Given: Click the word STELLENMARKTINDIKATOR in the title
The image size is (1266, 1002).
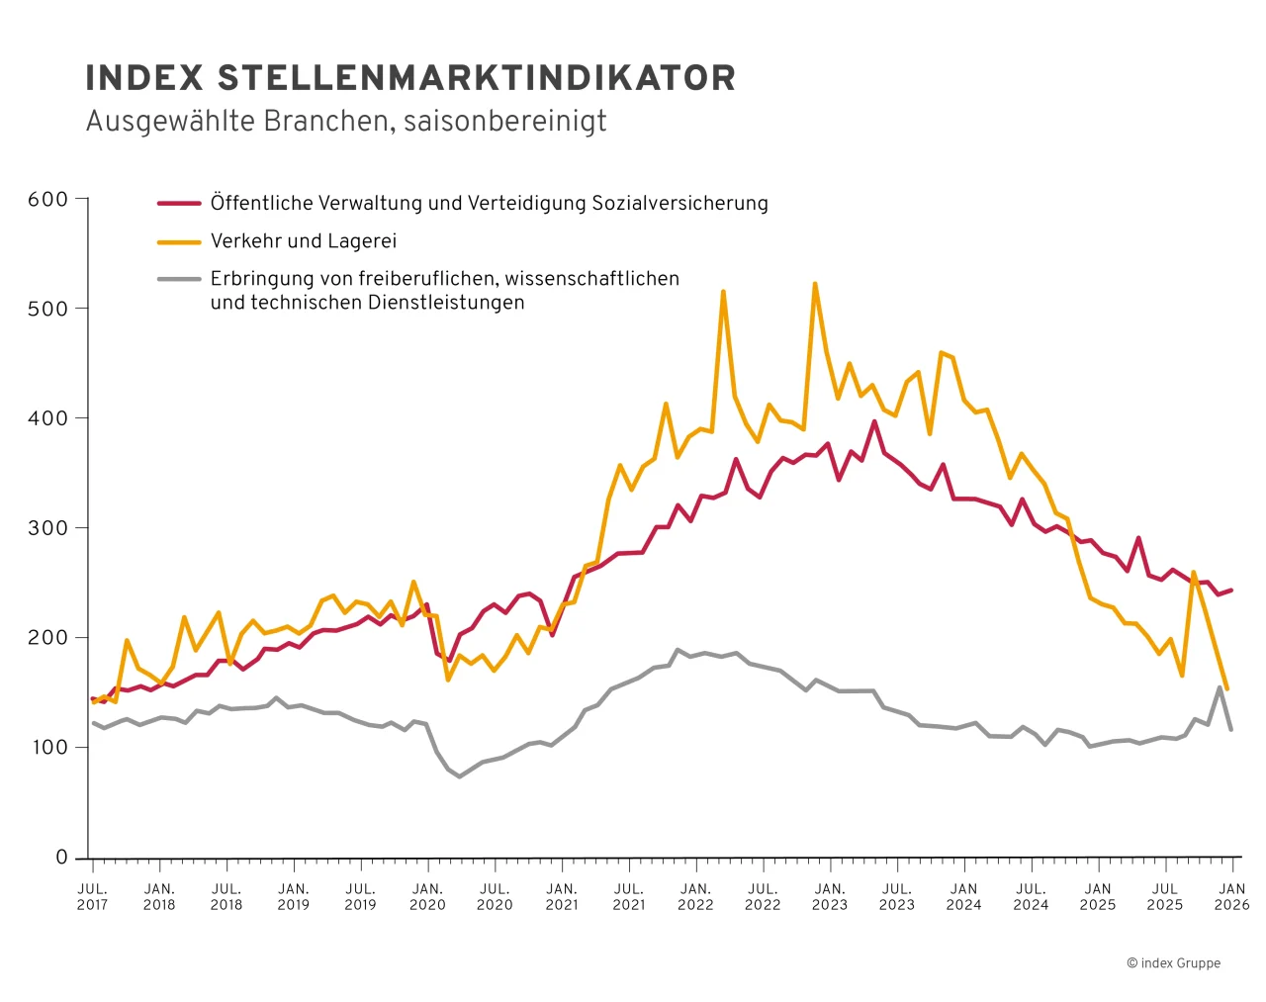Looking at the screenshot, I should (477, 78).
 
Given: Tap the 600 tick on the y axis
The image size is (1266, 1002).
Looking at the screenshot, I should (47, 200).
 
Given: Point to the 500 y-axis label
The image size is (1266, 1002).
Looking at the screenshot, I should (47, 309).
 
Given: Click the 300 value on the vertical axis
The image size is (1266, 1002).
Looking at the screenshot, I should (47, 528).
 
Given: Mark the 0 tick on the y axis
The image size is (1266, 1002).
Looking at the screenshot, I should (61, 858).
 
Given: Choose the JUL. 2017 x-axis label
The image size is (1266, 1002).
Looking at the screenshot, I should (92, 896).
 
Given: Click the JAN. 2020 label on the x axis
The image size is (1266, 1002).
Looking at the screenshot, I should (427, 896).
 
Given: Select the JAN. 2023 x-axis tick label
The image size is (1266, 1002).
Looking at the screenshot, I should (830, 896).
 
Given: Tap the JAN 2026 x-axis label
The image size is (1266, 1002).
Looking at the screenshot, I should (1231, 896).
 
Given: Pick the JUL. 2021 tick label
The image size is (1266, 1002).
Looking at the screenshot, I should (629, 896).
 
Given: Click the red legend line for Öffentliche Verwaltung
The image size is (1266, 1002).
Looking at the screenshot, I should (179, 204).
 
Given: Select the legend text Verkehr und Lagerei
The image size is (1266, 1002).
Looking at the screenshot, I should (303, 241).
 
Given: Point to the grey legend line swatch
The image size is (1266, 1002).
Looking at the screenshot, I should (179, 279).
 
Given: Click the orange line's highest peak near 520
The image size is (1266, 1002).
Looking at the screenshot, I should (815, 284).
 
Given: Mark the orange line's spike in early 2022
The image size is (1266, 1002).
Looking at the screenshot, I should (723, 292).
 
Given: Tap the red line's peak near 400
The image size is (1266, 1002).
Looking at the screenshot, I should (874, 421).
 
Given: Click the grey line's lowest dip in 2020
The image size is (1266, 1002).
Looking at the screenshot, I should (459, 776).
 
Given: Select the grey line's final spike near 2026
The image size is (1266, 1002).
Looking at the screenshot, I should (1220, 687).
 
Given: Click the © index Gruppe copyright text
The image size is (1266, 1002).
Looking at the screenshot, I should (1173, 963).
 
